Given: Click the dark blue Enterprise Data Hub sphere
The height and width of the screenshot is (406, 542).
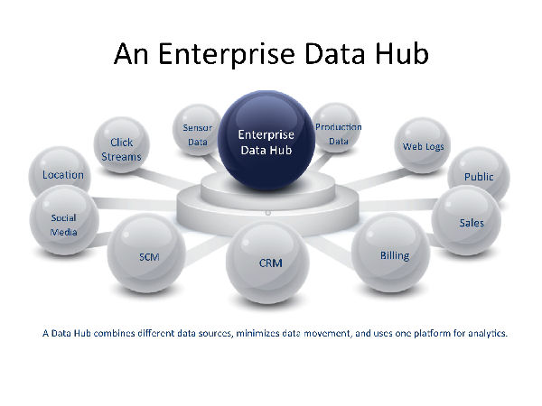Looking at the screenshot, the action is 266,140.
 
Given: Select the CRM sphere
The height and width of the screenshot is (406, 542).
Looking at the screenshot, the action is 267,263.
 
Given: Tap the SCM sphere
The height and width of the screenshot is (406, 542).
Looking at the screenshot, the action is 146,253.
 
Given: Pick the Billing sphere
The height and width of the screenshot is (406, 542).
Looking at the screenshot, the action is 390,253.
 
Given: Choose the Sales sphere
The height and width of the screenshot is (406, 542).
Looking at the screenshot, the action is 466,220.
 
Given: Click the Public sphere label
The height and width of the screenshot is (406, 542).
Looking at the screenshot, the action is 479,177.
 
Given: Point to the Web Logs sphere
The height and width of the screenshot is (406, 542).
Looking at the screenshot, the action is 423,145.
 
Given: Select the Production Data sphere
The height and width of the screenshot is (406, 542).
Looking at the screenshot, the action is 337,128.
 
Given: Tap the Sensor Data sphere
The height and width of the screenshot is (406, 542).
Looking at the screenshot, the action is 197,130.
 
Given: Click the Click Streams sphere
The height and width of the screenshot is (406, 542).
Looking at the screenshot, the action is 122,144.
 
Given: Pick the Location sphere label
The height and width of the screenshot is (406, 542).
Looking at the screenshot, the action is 63,175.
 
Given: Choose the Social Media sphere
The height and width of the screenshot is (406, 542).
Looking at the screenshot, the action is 64,220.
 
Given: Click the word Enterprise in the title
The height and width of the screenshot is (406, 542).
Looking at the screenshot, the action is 227,54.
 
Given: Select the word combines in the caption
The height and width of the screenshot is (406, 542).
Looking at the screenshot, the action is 114,333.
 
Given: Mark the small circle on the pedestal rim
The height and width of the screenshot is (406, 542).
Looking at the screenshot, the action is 267,213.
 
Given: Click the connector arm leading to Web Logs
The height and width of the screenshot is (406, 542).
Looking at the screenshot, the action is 377,179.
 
